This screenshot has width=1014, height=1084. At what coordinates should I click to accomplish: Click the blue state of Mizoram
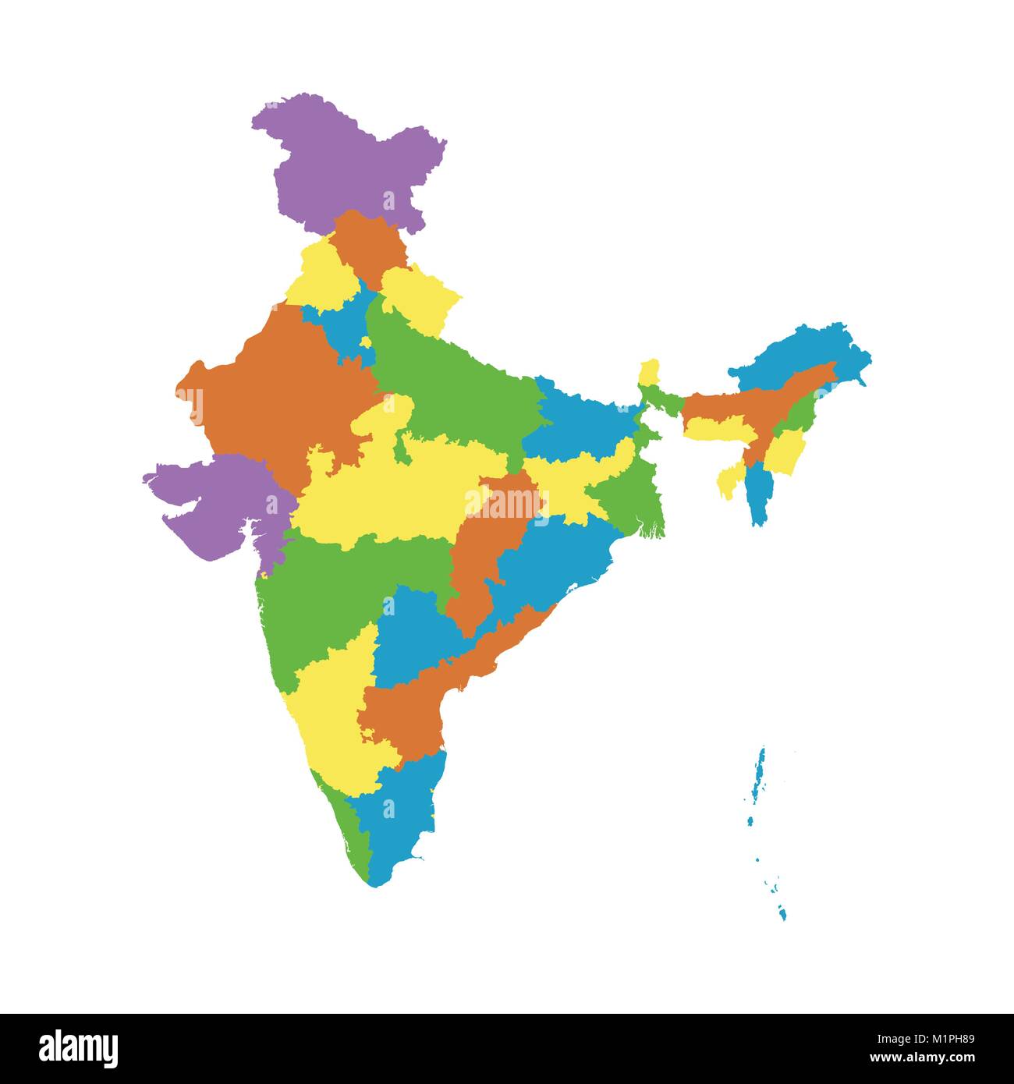coord(757,495)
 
